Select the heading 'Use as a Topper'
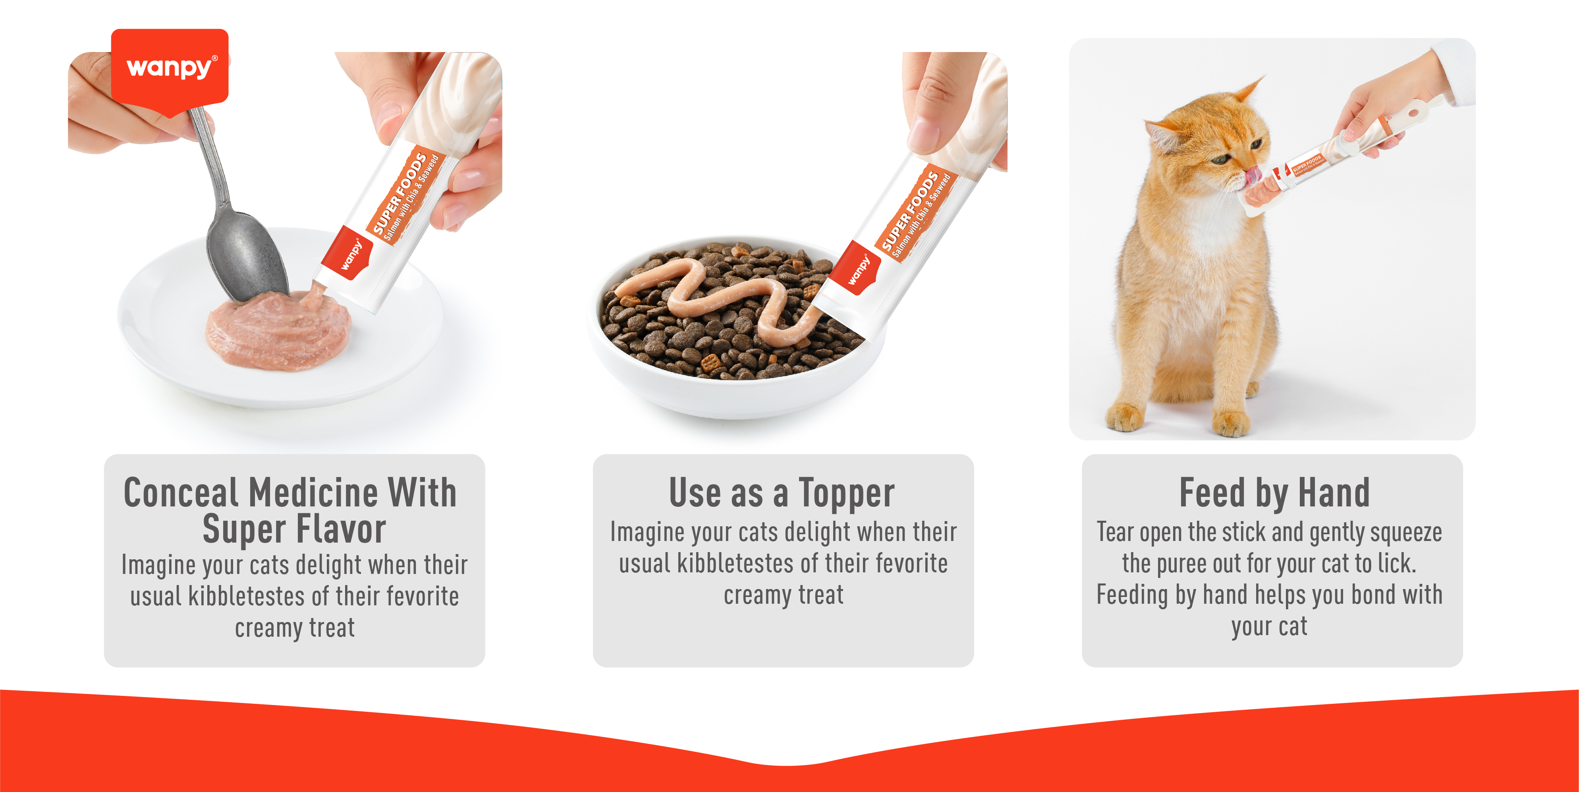pyautogui.click(x=782, y=493)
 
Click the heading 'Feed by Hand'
pyautogui.click(x=1274, y=493)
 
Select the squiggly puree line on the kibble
pyautogui.click(x=723, y=294)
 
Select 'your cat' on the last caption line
pyautogui.click(x=1269, y=626)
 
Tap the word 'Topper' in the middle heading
pyautogui.click(x=846, y=493)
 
